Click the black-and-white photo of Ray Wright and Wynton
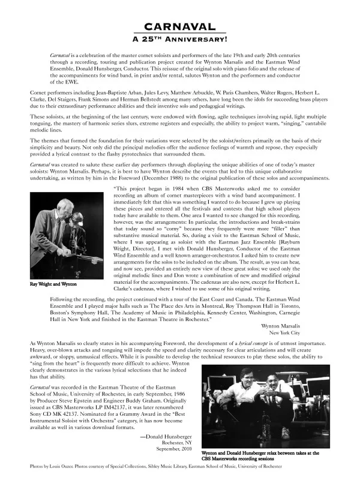click(x=61, y=239)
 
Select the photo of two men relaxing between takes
click(x=263, y=407)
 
